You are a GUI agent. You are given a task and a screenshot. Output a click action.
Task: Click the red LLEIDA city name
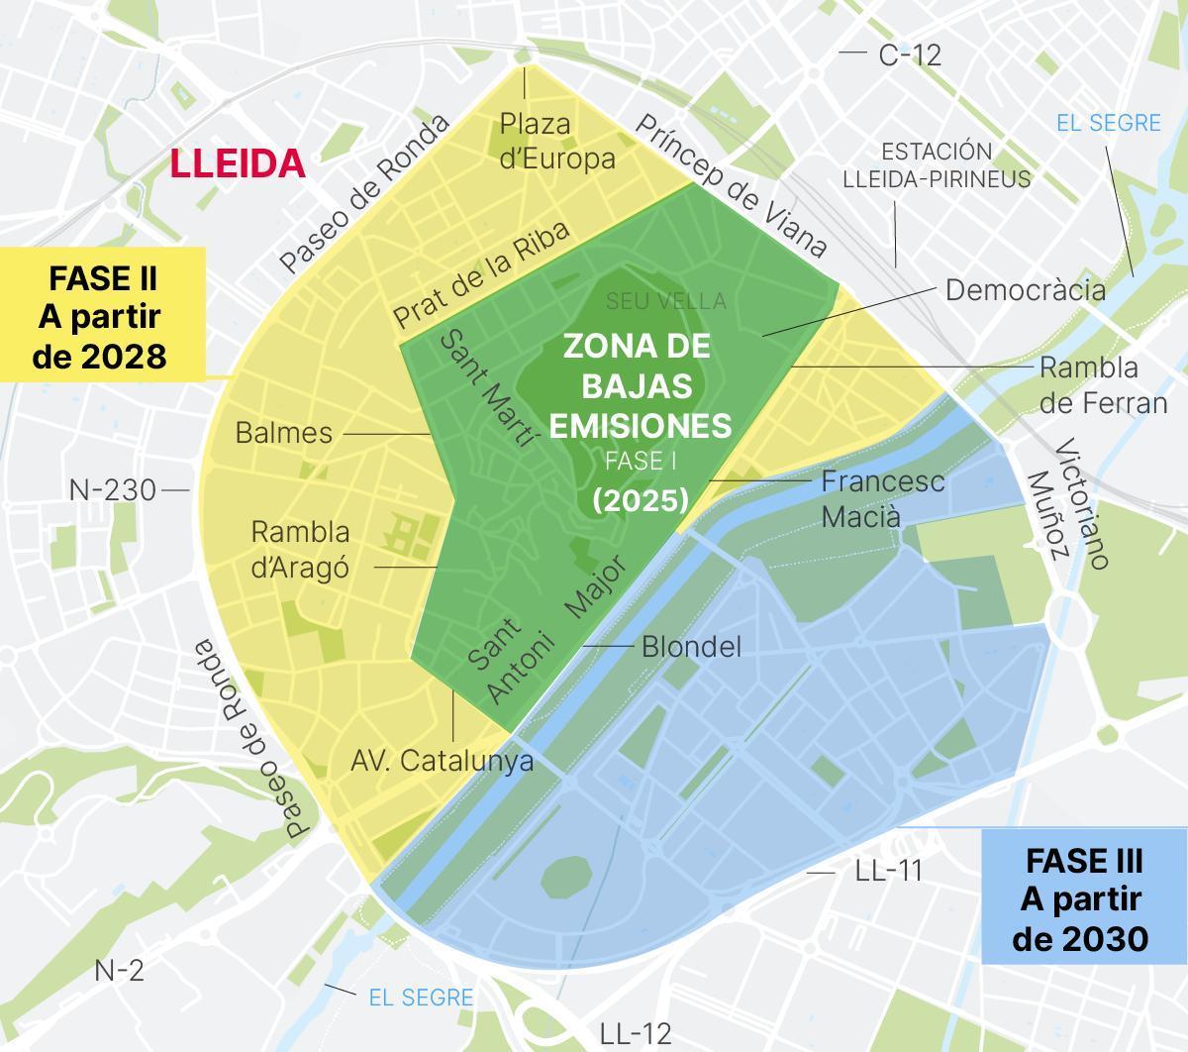point(238,163)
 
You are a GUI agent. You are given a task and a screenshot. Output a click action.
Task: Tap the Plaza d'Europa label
point(556,141)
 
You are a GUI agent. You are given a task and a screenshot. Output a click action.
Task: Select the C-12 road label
point(910,55)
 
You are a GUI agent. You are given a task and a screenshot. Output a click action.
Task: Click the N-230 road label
point(113,489)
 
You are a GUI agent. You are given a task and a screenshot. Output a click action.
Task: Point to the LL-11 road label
point(888,871)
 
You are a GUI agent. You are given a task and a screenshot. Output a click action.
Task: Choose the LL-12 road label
point(636,1033)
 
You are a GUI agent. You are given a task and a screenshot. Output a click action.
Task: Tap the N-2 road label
point(119,971)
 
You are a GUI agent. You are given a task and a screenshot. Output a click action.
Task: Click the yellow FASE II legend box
point(101,315)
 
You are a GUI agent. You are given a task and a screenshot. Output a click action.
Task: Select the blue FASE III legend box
point(1083,898)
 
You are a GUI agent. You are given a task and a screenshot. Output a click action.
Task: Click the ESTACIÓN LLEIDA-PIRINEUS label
point(937,165)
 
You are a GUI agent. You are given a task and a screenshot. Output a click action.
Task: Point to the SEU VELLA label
point(666,301)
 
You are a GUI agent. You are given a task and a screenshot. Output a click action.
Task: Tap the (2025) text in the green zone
point(640,500)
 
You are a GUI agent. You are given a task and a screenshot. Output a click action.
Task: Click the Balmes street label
point(284,433)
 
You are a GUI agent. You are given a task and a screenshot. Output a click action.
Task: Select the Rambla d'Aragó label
point(300,550)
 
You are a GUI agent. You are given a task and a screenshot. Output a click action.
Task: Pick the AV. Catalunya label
point(442,761)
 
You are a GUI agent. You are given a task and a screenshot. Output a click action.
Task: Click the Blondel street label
point(691,647)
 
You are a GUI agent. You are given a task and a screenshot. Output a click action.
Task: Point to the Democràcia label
point(1025,289)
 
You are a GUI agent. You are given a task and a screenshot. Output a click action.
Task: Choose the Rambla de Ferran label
point(1102,385)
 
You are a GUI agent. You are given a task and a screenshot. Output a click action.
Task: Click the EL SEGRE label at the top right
point(1108,123)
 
